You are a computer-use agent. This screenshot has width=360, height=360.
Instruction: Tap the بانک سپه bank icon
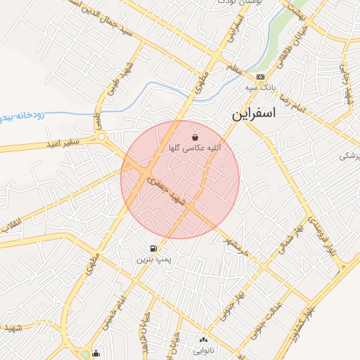point(261,77)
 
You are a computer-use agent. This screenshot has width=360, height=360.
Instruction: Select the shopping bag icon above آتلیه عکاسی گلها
point(194,137)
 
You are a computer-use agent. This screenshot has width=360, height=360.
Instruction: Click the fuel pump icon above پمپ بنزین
point(153,248)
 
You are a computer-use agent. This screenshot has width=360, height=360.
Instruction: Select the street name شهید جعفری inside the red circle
point(167,191)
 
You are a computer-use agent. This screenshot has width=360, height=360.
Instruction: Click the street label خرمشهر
point(236,243)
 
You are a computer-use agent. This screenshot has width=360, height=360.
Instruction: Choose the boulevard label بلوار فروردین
point(309,231)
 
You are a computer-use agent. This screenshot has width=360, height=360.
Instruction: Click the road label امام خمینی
point(122,310)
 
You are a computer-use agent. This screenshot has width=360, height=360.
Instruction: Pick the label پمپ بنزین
point(153,260)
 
